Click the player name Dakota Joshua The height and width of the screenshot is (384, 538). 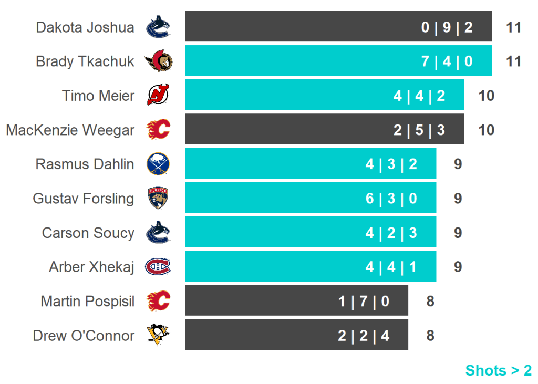click(x=85, y=27)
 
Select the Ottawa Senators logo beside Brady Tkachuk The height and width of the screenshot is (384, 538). click(x=158, y=61)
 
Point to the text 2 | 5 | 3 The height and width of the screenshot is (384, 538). click(x=419, y=130)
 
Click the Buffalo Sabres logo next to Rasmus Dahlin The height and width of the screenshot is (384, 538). click(x=158, y=164)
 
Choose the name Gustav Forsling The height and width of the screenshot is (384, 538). click(x=84, y=199)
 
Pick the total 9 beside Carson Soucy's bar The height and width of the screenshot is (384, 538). click(x=458, y=233)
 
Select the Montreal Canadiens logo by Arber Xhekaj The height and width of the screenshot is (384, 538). click(x=158, y=267)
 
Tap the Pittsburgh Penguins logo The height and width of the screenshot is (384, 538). click(x=158, y=335)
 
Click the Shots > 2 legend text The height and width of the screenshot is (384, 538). click(x=498, y=370)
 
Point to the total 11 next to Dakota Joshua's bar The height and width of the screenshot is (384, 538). click(x=513, y=27)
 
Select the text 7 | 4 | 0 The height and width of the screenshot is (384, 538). click(x=447, y=61)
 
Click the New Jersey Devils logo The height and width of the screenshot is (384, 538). click(x=158, y=96)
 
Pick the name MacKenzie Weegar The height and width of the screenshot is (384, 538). click(x=70, y=130)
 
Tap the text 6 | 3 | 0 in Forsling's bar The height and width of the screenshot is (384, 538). click(x=391, y=199)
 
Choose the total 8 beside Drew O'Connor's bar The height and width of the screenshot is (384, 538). click(x=430, y=335)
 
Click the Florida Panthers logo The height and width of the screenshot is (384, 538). click(x=158, y=199)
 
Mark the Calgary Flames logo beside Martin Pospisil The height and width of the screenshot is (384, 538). click(x=158, y=301)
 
